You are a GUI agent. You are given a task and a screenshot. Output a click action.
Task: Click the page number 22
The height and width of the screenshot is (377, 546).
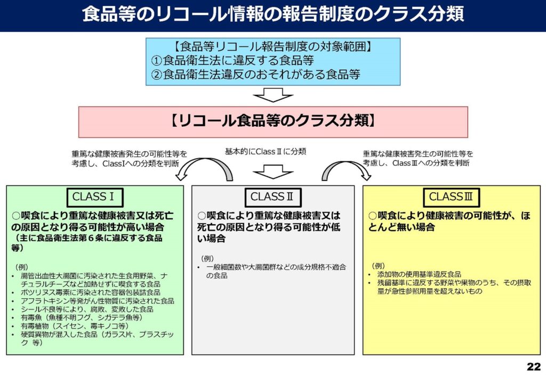point(533,366)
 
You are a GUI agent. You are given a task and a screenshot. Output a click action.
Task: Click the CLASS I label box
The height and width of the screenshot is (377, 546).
point(95,197)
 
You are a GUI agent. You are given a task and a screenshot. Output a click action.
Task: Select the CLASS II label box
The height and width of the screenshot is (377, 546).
point(273,197)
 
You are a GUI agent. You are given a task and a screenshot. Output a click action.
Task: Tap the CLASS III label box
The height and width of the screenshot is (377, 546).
point(451,197)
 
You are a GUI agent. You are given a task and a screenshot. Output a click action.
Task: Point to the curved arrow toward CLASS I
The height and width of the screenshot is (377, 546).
point(205,161)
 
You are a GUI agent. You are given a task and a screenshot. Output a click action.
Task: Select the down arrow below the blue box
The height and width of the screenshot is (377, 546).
point(273,95)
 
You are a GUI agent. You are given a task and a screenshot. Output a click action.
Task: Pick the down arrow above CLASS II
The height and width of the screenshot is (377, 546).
point(273,172)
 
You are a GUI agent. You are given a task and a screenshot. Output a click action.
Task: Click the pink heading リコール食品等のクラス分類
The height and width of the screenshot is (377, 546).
point(273,121)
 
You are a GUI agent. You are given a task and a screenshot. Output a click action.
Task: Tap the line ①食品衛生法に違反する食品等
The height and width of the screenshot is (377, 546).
point(232,61)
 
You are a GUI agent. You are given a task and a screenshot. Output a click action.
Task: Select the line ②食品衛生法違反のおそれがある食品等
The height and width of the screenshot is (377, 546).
point(255,75)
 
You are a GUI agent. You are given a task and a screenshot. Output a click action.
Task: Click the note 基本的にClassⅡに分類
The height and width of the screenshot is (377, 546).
point(266,152)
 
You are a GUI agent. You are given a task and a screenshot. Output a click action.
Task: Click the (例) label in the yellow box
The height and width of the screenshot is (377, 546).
point(379,266)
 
